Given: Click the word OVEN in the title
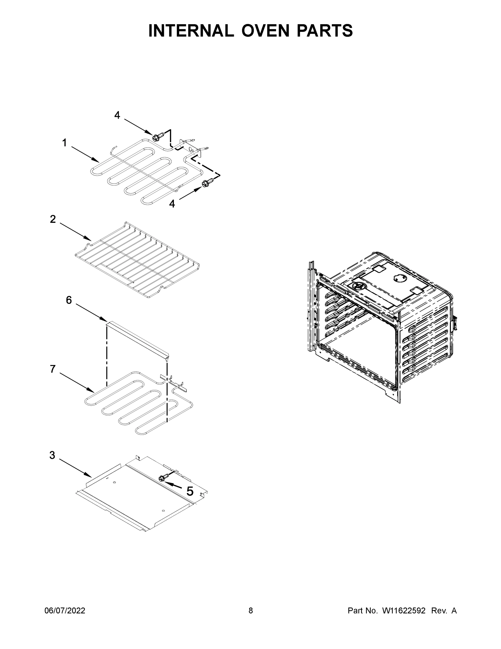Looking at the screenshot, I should point(265,31).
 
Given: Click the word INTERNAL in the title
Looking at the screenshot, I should point(191,31).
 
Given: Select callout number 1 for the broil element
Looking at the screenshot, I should point(64,143).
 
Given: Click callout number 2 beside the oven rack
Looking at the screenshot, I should point(53,219).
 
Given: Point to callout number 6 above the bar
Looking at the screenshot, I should point(69,300).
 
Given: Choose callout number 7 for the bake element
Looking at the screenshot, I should point(53,369).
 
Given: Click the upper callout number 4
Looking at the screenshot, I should point(117,115).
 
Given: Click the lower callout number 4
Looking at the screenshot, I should point(172,204).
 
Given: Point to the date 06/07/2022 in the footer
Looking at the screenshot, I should point(65,610).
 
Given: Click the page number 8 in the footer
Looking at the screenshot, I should point(251,610).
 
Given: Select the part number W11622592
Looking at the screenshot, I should point(404,610).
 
